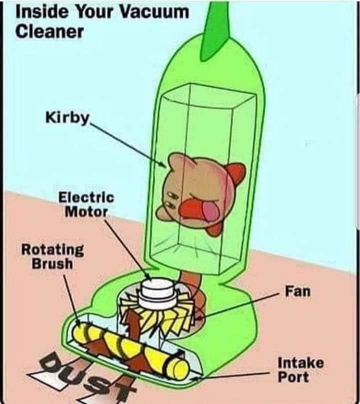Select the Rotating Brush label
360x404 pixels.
52,256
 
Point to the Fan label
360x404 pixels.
298,290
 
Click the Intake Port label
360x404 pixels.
300,369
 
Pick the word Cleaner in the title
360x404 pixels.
49,30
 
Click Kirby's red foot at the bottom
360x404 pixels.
214,229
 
